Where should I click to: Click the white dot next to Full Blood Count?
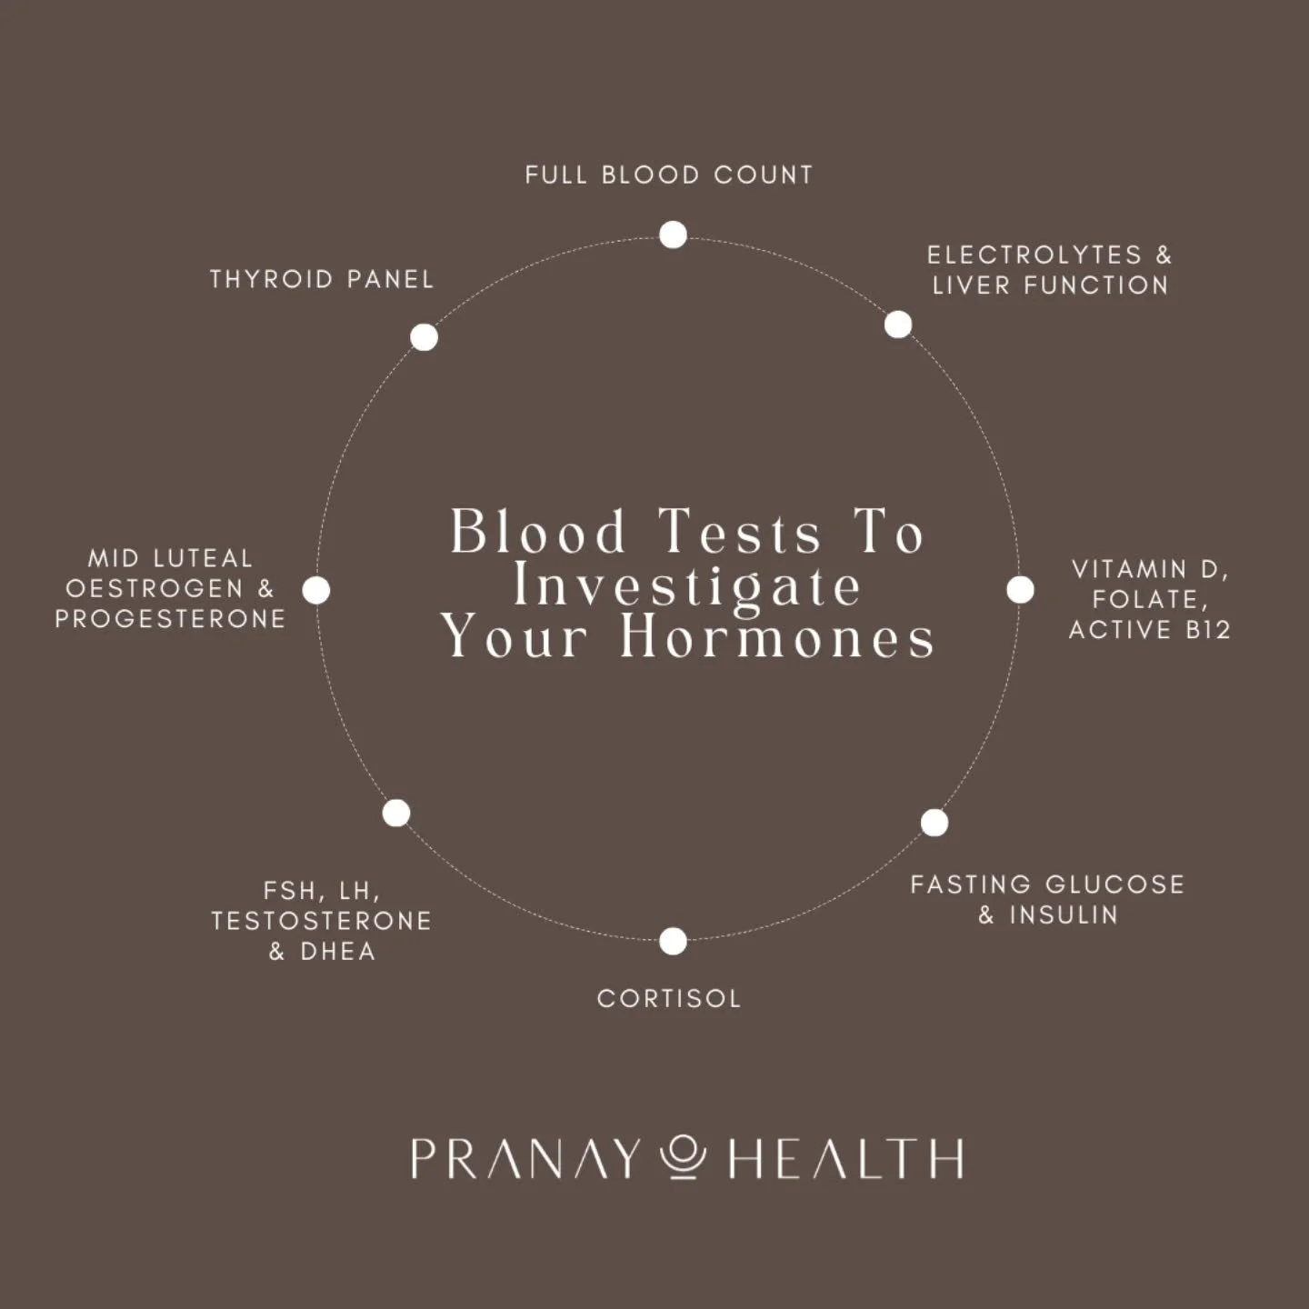pyautogui.click(x=673, y=235)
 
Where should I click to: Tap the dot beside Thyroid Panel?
pyautogui.click(x=424, y=337)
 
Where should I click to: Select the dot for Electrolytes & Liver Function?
pyautogui.click(x=898, y=325)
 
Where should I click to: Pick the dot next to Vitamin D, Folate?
pyautogui.click(x=1020, y=590)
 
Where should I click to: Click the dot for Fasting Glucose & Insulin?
pyautogui.click(x=934, y=823)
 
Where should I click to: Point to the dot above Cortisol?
pyautogui.click(x=673, y=941)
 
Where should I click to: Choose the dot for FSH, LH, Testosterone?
pyautogui.click(x=396, y=813)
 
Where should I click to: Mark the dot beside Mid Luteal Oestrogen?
pyautogui.click(x=316, y=590)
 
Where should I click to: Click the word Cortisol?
pyautogui.click(x=669, y=998)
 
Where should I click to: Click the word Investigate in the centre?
pyautogui.click(x=687, y=585)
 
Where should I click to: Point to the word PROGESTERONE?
pyautogui.click(x=170, y=619)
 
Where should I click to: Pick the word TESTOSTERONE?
pyautogui.click(x=321, y=921)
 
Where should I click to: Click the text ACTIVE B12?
pyautogui.click(x=1149, y=630)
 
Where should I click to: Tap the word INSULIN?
pyautogui.click(x=1064, y=914)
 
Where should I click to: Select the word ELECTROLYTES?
pyautogui.click(x=1034, y=255)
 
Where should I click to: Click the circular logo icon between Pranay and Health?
pyautogui.click(x=683, y=1157)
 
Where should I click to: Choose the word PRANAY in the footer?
pyautogui.click(x=525, y=1159)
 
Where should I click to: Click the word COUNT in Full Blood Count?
pyautogui.click(x=763, y=175)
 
